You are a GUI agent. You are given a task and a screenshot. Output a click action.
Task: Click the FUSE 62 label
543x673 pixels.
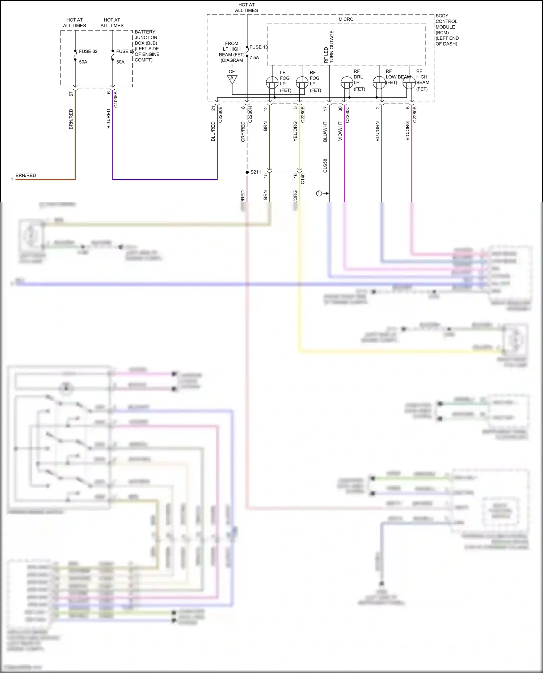click(x=88, y=51)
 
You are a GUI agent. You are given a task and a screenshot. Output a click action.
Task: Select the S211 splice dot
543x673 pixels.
click(x=247, y=172)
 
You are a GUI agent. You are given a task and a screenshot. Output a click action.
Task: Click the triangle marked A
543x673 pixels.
click(x=232, y=79)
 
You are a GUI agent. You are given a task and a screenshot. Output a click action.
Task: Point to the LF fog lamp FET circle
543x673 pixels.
click(x=272, y=83)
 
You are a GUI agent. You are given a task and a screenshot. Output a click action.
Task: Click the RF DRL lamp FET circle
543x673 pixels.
click(x=347, y=83)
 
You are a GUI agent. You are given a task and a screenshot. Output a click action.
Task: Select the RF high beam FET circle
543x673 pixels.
click(x=409, y=83)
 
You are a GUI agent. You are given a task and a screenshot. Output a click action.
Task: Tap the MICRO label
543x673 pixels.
click(x=346, y=19)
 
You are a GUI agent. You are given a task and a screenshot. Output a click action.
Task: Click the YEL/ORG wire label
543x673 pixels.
click(x=295, y=131)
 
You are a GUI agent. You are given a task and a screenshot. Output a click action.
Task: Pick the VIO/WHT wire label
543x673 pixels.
click(x=340, y=131)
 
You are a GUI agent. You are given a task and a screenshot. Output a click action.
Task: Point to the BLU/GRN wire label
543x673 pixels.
click(x=378, y=131)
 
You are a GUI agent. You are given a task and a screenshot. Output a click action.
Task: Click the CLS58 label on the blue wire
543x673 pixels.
click(x=325, y=166)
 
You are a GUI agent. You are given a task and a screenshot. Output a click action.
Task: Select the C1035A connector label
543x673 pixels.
click(x=116, y=99)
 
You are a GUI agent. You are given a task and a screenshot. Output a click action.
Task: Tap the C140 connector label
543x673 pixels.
click(x=303, y=179)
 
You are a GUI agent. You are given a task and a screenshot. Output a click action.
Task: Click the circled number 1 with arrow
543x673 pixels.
click(x=319, y=193)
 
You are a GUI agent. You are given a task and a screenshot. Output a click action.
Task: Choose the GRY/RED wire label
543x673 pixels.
click(x=243, y=132)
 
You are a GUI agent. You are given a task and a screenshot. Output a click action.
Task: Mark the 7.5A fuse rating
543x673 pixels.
click(x=254, y=57)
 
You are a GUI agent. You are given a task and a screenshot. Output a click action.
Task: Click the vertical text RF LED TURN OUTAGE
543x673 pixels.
click(x=329, y=47)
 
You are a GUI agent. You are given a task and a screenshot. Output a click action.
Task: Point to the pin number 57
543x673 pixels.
click(x=71, y=94)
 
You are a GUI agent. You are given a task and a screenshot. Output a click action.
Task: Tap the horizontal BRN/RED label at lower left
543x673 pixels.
click(x=26, y=175)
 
